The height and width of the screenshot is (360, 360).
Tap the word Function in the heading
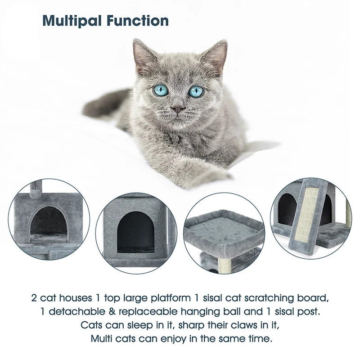(138, 21)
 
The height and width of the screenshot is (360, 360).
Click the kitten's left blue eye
(161, 90)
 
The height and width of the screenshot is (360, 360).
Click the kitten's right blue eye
(196, 91)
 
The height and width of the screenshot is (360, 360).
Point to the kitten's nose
(178, 109)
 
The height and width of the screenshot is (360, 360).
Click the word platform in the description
(171, 298)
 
